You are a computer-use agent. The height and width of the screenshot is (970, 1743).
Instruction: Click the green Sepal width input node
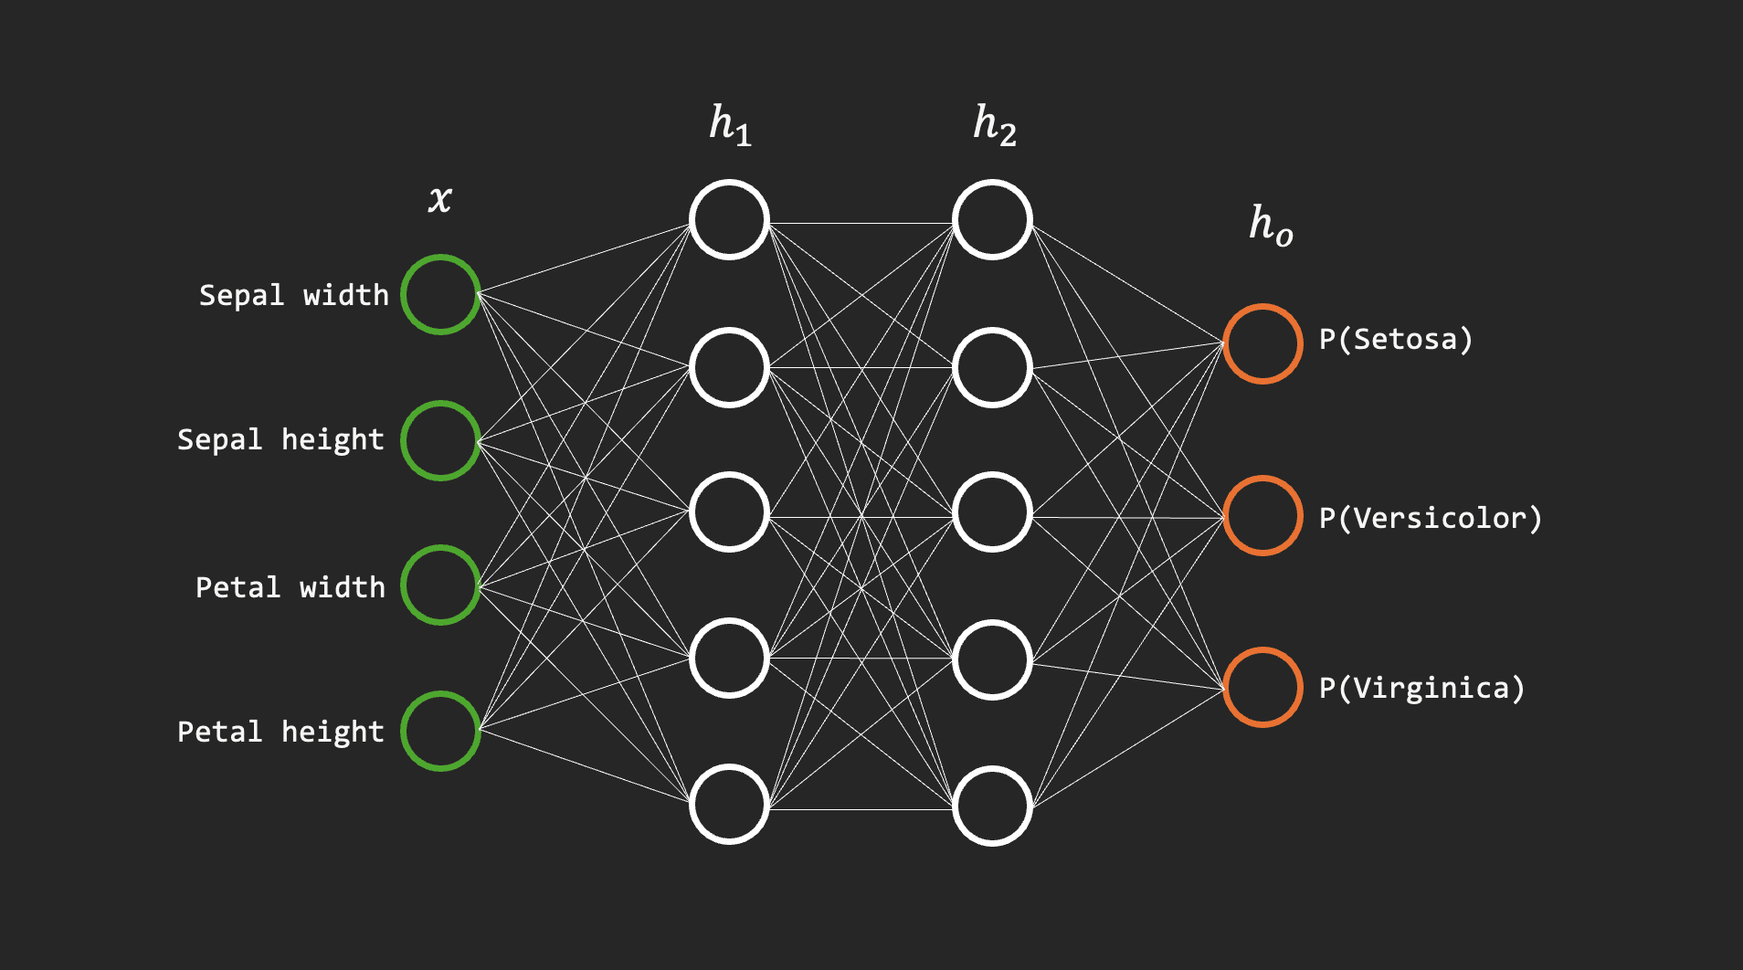pyautogui.click(x=440, y=294)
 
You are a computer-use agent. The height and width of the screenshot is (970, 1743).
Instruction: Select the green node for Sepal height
pyautogui.click(x=440, y=440)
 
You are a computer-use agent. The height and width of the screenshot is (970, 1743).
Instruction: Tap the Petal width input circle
pyautogui.click(x=440, y=585)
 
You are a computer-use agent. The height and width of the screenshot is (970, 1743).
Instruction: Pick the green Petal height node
pyautogui.click(x=440, y=731)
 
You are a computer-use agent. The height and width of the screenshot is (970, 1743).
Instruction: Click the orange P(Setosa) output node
pyautogui.click(x=1262, y=343)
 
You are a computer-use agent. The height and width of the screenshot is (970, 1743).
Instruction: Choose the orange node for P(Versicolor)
pyautogui.click(x=1262, y=515)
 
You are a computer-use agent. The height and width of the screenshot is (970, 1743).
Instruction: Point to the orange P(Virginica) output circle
pyautogui.click(x=1262, y=687)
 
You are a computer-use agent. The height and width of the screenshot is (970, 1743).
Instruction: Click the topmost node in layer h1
pyautogui.click(x=729, y=220)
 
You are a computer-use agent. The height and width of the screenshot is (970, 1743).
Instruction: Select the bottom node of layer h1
pyautogui.click(x=729, y=804)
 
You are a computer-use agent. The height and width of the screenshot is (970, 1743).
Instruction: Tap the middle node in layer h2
pyautogui.click(x=992, y=512)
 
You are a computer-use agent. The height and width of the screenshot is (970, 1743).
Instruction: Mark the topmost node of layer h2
pyautogui.click(x=992, y=220)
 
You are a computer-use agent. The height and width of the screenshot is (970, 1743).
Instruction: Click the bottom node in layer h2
pyautogui.click(x=992, y=806)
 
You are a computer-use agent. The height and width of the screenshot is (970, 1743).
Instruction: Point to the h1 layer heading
pyautogui.click(x=731, y=125)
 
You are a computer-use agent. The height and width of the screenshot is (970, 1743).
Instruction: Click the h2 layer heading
pyautogui.click(x=995, y=125)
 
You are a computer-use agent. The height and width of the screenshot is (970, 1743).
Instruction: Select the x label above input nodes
pyautogui.click(x=440, y=198)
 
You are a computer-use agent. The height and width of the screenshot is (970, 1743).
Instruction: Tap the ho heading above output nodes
pyautogui.click(x=1271, y=225)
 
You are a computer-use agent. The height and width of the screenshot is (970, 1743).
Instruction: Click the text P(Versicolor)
pyautogui.click(x=1431, y=519)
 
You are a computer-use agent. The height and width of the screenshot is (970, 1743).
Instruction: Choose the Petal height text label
pyautogui.click(x=280, y=732)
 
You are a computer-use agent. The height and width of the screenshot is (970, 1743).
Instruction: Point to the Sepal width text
pyautogui.click(x=294, y=295)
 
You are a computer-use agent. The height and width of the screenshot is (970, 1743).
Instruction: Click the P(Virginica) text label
pyautogui.click(x=1422, y=688)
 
